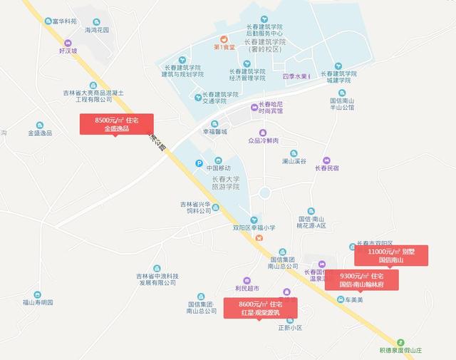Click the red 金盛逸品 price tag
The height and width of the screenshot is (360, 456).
tap(116, 125)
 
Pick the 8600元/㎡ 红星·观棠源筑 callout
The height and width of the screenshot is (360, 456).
tap(260, 308)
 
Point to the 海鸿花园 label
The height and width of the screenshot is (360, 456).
tap(97, 31)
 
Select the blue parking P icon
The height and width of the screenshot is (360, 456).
tap(199, 164)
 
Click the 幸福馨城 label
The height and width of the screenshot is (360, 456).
tap(214, 132)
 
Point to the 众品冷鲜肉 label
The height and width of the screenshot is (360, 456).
tap(264, 141)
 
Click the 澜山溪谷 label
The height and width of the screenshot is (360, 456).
tap(294, 162)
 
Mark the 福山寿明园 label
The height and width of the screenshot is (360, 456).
tap(38, 302)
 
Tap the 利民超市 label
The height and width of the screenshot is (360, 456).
tap(247, 289)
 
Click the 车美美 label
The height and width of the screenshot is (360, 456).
tap(354, 299)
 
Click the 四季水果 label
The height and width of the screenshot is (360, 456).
tap(297, 76)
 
